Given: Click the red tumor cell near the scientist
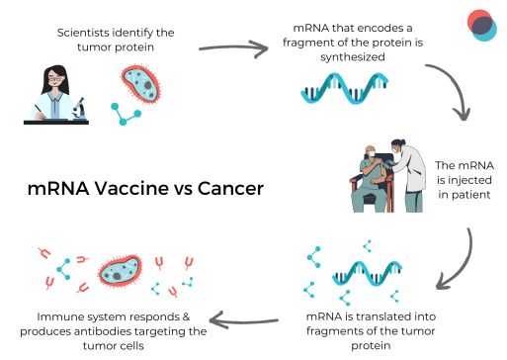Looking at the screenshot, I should coord(140,86).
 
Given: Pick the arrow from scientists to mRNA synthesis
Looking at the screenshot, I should coord(234,46).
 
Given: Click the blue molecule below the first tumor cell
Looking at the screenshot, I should coord(127,113).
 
